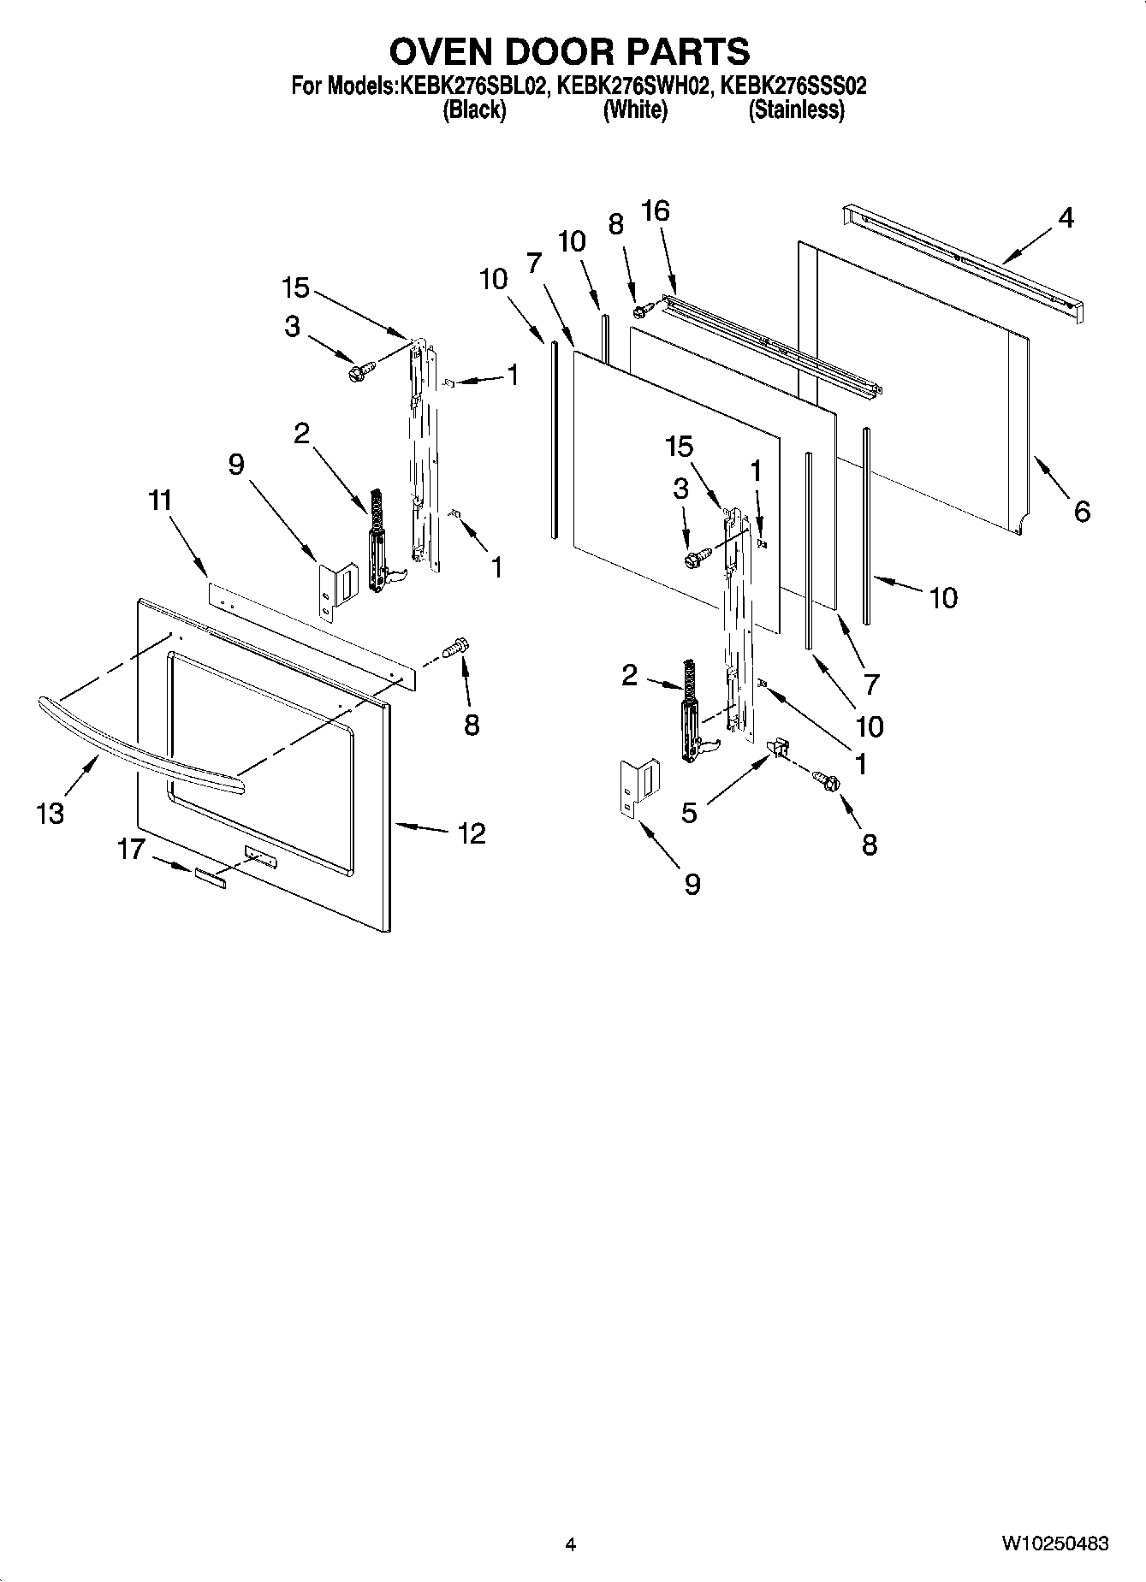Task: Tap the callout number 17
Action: click(x=131, y=850)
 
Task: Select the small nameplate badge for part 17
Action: click(x=210, y=876)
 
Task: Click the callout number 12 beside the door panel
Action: click(x=472, y=832)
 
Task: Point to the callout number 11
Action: click(x=159, y=500)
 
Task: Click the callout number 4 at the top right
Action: click(x=1065, y=218)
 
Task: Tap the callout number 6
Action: click(x=1082, y=512)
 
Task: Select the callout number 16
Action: click(x=656, y=210)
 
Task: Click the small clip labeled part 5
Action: click(x=778, y=749)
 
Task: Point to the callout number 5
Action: click(x=689, y=812)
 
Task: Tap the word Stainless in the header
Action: click(x=796, y=110)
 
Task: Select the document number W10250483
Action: click(x=1054, y=1543)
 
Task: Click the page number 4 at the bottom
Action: click(x=570, y=1544)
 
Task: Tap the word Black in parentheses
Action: click(x=473, y=110)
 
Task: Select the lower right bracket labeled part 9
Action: click(x=640, y=788)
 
